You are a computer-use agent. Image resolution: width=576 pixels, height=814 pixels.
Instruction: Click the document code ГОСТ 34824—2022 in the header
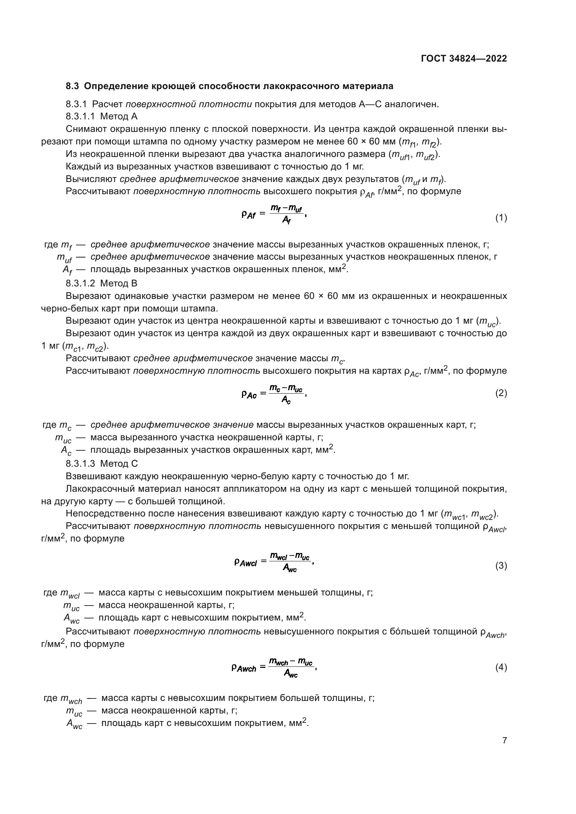click(x=464, y=59)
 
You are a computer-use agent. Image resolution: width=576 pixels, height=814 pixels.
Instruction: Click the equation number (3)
click(x=501, y=566)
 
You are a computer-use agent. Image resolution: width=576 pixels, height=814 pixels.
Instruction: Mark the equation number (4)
click(x=501, y=667)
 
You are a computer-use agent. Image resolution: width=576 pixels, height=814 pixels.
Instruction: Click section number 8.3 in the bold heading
click(x=72, y=86)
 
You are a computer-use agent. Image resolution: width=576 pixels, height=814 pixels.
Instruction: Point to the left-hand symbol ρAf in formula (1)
click(x=248, y=214)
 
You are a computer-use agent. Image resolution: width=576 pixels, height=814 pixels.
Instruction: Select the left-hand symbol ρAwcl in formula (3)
click(x=246, y=563)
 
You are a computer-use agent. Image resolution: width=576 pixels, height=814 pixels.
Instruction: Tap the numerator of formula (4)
click(x=290, y=662)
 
